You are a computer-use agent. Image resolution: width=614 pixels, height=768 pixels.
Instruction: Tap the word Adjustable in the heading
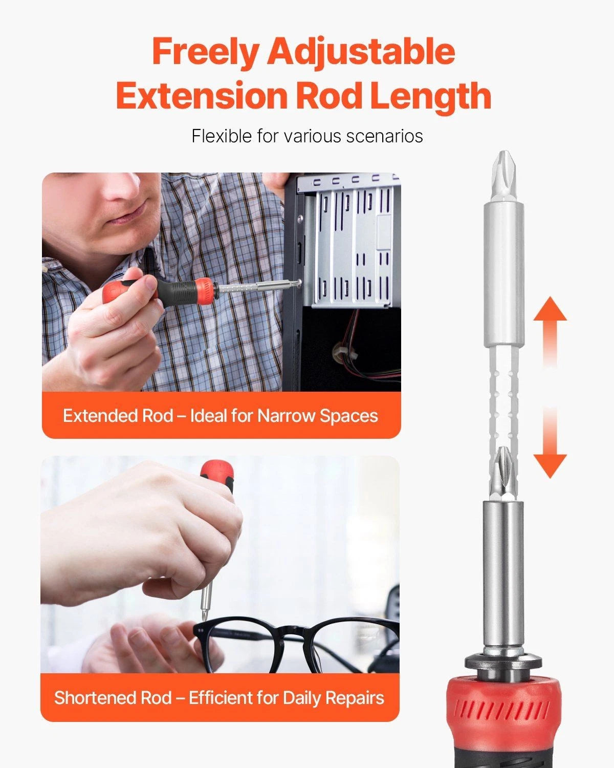361,52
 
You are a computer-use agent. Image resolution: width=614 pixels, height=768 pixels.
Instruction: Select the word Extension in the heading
202,95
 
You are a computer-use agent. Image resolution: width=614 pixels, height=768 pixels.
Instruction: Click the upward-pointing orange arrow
550,332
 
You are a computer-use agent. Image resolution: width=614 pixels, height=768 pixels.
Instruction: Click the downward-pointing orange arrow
550,442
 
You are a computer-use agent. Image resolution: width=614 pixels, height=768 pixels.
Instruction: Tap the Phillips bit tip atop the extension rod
504,176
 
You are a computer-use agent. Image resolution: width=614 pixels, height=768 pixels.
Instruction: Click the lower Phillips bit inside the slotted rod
503,474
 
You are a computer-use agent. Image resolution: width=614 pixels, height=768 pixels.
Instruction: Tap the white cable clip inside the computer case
344,352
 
